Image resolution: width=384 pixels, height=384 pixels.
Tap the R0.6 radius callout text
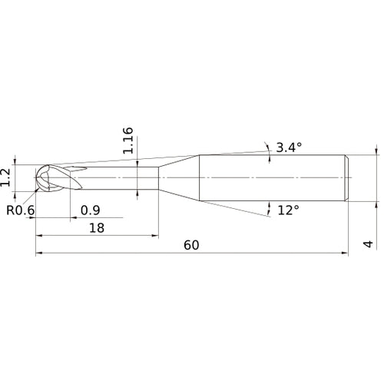click(22, 210)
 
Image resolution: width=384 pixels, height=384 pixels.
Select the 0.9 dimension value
click(90, 210)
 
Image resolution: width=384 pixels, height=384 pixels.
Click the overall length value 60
click(193, 245)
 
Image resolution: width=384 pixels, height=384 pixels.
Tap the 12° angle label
click(288, 209)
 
